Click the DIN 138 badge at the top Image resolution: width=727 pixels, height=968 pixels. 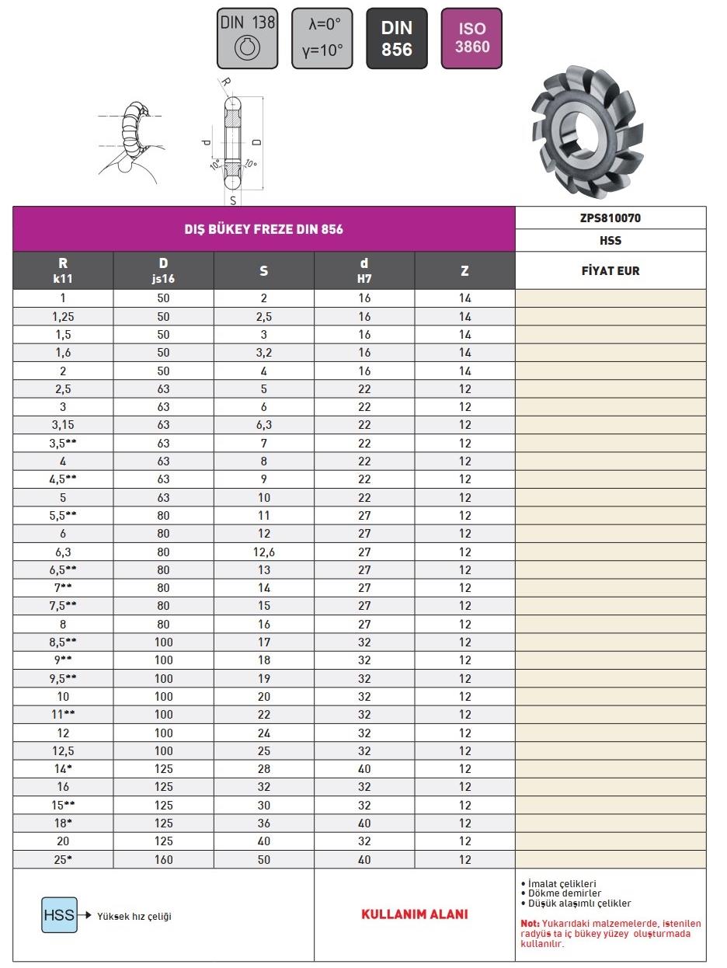pos(248,38)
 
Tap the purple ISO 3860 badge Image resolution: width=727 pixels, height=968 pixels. pos(472,38)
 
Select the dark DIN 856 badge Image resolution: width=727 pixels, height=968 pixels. pos(396,38)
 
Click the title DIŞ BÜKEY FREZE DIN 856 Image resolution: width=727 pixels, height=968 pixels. pos(263,229)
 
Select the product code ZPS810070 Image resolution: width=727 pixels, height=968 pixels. pos(610,218)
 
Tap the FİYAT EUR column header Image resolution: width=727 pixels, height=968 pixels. pos(610,271)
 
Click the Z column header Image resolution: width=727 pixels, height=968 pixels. pos(464,271)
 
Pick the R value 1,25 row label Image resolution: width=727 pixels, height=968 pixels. pos(63,316)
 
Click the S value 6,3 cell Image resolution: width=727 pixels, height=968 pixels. pos(264,425)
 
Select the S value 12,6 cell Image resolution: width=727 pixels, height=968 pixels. pos(264,552)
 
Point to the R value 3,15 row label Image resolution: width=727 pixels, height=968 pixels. pos(63,425)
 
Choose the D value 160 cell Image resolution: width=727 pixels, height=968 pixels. pos(163,860)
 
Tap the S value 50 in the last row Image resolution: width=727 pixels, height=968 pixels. pos(264,860)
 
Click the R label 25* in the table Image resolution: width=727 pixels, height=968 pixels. pos(63,860)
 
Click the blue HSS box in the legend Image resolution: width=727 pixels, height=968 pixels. pos(59,915)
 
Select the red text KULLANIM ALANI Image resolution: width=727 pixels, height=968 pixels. pos(415,914)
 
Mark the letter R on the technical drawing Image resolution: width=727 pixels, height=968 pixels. pos(225,82)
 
